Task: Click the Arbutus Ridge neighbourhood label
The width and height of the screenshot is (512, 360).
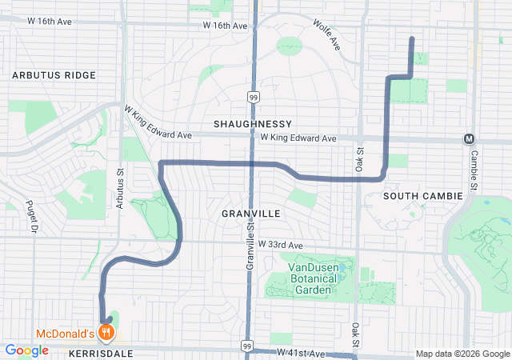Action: coord(54,75)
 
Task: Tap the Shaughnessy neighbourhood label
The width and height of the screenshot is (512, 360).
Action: coord(252,125)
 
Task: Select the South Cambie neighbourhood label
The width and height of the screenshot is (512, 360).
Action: coord(422,196)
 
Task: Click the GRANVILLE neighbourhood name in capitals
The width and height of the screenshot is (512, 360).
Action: coord(251,214)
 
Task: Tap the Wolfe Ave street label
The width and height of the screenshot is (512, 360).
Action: coord(327,36)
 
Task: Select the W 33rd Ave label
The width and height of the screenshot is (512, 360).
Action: coord(281,245)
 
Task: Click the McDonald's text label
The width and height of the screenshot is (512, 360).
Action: coord(64,333)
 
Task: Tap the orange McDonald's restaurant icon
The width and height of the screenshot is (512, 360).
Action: coord(106,332)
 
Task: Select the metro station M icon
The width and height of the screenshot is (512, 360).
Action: coord(469,138)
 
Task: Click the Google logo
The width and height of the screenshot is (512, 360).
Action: coord(26,350)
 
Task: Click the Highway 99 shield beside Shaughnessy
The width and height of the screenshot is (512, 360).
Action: coord(253,97)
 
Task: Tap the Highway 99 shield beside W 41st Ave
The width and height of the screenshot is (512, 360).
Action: coord(246,346)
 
